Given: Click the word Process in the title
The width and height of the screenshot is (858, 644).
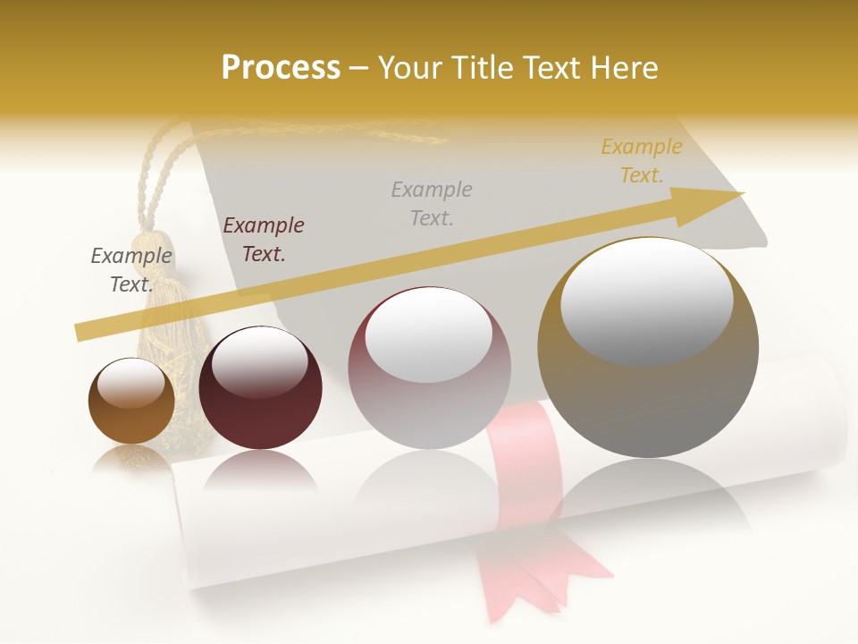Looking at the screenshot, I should pyautogui.click(x=281, y=67).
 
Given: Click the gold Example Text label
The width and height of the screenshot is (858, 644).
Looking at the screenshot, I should pyautogui.click(x=641, y=161).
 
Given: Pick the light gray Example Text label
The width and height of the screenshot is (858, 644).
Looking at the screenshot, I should pyautogui.click(x=432, y=203).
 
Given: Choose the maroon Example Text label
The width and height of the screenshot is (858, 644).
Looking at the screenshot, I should pyautogui.click(x=263, y=239).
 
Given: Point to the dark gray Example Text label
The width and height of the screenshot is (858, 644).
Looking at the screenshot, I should pyautogui.click(x=131, y=269).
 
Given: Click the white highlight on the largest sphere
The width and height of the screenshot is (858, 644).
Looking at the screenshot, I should pyautogui.click(x=646, y=300).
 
